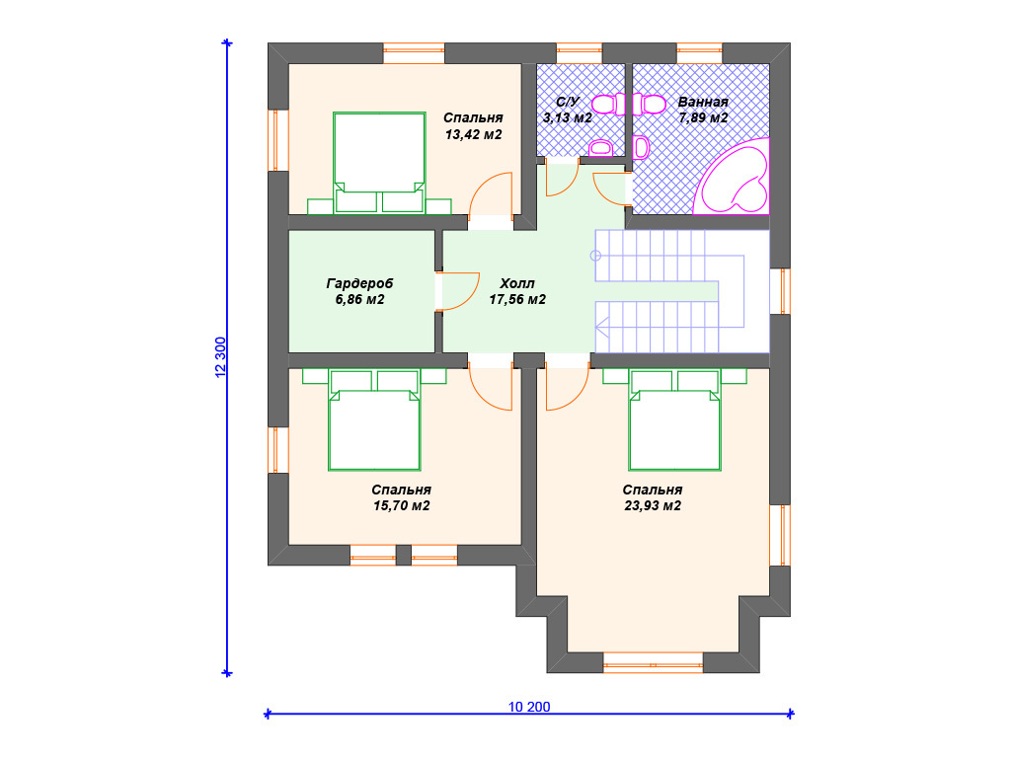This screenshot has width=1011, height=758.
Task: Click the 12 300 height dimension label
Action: coord(220,357)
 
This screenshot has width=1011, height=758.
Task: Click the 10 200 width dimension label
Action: coord(529,707)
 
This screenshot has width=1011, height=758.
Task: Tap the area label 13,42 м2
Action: coord(473,134)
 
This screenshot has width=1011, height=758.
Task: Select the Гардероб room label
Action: coord(359,283)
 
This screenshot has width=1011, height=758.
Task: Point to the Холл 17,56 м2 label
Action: coord(517,291)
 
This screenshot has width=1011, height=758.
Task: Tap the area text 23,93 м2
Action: coord(653,506)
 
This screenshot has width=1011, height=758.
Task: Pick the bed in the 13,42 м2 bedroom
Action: coord(379,163)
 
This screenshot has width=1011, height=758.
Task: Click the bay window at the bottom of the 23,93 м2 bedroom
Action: coord(654,662)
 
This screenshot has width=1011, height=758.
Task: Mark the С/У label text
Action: coord(568,102)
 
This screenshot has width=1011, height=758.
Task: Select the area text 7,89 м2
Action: coord(703,118)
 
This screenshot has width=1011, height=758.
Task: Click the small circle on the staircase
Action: coord(595,256)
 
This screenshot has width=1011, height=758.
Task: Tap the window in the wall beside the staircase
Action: coord(780,291)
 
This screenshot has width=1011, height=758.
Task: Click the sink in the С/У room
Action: coord(601,148)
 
